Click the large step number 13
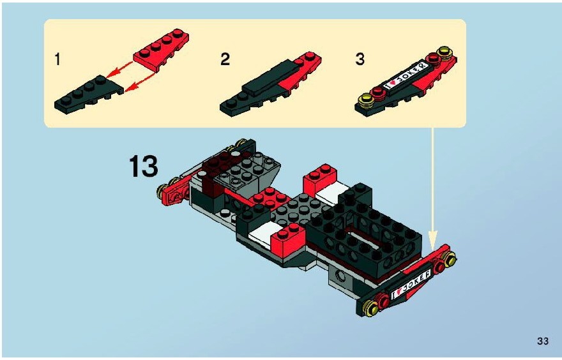143,166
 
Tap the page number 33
543,341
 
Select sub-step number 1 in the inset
57,59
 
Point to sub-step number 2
225,59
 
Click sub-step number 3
360,59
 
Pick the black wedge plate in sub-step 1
88,95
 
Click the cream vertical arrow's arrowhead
433,239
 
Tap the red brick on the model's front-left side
289,238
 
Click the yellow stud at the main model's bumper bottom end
370,307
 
